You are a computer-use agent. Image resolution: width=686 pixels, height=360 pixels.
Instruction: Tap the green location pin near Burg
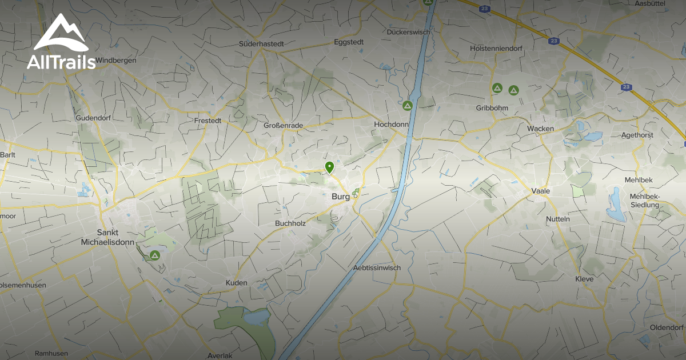point(329,167)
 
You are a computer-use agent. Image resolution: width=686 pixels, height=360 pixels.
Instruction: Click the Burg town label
point(340,197)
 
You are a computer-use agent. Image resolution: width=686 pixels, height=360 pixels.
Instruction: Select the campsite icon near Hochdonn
point(407,106)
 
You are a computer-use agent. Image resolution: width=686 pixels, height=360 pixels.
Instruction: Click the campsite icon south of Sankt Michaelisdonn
point(154,255)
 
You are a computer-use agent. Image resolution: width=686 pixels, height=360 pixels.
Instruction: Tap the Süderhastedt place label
point(261,43)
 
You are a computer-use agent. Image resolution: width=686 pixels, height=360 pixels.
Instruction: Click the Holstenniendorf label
point(493,49)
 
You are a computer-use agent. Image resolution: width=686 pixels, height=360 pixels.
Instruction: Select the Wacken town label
point(540,129)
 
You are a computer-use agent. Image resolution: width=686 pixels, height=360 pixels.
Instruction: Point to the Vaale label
point(540,191)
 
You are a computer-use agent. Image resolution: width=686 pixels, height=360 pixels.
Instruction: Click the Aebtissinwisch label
point(377,267)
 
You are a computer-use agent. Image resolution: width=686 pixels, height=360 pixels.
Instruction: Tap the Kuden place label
point(237,283)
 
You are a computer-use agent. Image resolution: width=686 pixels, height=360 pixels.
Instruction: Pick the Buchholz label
point(290,223)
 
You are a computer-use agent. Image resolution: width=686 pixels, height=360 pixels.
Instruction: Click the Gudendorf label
point(91,118)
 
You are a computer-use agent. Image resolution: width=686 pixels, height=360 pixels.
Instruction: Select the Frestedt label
point(208,121)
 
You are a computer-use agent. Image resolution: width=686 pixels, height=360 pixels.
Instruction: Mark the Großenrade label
point(284,125)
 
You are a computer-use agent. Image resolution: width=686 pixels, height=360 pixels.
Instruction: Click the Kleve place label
point(584,279)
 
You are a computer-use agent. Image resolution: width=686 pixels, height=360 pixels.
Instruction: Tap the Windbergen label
point(117,60)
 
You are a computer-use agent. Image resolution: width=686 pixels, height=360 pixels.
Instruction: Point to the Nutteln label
point(558,219)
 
